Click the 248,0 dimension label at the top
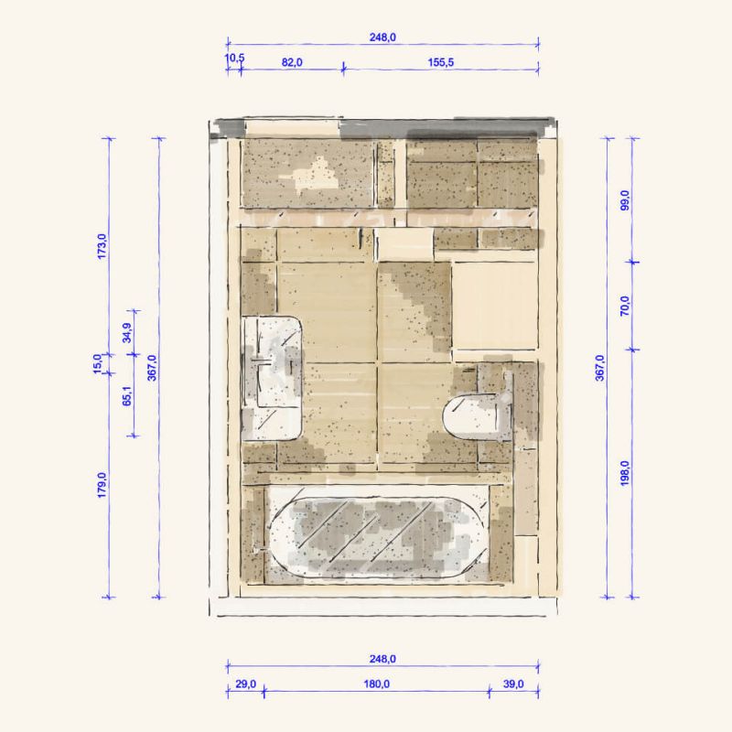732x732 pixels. click(x=382, y=38)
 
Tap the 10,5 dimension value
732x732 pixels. click(x=234, y=59)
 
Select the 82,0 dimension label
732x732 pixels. click(x=292, y=62)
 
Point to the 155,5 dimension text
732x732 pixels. click(x=441, y=62)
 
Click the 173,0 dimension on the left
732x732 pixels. click(x=102, y=246)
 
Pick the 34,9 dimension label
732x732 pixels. click(x=127, y=333)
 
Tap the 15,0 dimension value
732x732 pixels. click(x=97, y=363)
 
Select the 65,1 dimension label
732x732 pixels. click(x=127, y=395)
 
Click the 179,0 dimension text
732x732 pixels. click(x=102, y=485)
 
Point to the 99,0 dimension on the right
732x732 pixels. click(x=625, y=200)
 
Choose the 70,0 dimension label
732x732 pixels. click(x=625, y=306)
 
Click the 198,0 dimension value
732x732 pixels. click(x=625, y=473)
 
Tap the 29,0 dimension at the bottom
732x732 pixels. click(x=245, y=684)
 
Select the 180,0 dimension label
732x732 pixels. click(x=377, y=684)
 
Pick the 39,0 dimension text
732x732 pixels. click(x=513, y=684)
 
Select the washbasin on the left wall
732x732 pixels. click(x=272, y=378)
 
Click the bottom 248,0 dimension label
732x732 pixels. click(x=382, y=659)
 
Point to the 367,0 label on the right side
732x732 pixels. click(x=600, y=368)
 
